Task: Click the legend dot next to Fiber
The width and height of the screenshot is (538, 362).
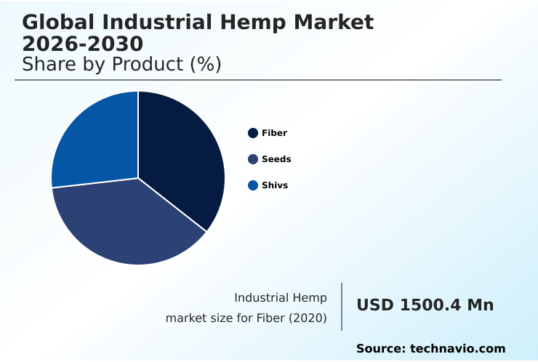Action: click(253, 133)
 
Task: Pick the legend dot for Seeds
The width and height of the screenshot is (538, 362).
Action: click(253, 159)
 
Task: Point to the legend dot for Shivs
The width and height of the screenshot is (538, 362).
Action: click(253, 185)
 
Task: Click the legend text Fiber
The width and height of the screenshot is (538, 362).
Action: click(274, 133)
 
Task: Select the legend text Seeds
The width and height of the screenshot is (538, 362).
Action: click(276, 159)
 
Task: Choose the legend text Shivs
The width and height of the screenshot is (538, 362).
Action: click(275, 185)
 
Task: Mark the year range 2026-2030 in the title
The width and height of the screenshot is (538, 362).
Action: click(83, 44)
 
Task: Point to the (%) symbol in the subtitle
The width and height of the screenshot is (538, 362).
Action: click(206, 64)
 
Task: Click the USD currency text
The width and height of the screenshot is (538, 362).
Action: click(375, 305)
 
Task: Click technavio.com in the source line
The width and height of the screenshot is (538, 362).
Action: click(457, 349)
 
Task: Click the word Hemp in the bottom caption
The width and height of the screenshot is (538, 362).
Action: click(310, 298)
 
